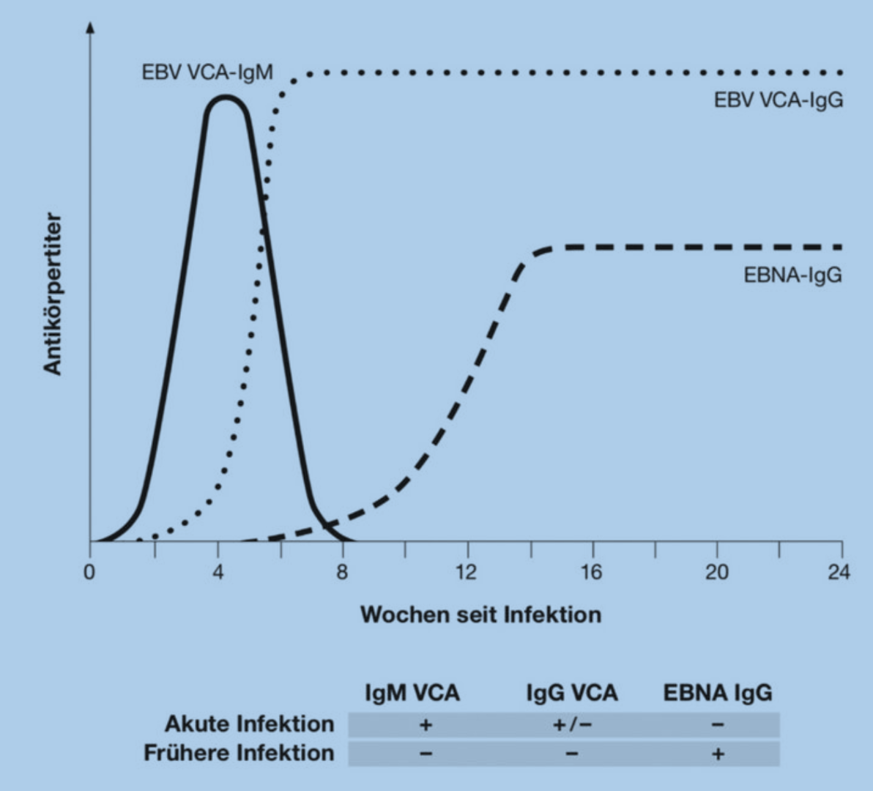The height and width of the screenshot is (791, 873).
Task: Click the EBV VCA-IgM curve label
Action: pyautogui.click(x=207, y=73)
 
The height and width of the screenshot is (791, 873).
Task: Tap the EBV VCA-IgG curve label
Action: pyautogui.click(x=779, y=100)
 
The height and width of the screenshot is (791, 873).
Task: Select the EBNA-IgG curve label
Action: pyautogui.click(x=793, y=275)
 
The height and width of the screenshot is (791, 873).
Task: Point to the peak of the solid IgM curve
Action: pyautogui.click(x=226, y=97)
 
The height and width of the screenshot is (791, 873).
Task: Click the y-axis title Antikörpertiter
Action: pyautogui.click(x=53, y=294)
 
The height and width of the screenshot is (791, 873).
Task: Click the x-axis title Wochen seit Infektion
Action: pyautogui.click(x=481, y=614)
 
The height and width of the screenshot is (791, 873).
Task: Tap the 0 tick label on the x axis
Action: pyautogui.click(x=89, y=572)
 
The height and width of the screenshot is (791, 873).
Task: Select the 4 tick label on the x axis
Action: pyautogui.click(x=218, y=572)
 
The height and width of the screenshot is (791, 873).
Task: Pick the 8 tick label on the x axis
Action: pyautogui.click(x=343, y=572)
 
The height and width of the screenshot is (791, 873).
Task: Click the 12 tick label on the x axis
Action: pyautogui.click(x=466, y=572)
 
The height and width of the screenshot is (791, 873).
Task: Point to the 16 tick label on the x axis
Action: pyautogui.click(x=592, y=572)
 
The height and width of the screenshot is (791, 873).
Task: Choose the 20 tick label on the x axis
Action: pyautogui.click(x=717, y=572)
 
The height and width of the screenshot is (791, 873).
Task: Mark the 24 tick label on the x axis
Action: pyautogui.click(x=839, y=572)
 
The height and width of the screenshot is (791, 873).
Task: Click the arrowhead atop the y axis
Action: pyautogui.click(x=90, y=26)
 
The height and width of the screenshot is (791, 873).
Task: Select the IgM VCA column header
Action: pyautogui.click(x=412, y=693)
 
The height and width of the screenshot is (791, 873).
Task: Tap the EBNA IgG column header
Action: pyautogui.click(x=718, y=693)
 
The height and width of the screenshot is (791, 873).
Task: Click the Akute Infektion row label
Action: pyautogui.click(x=250, y=724)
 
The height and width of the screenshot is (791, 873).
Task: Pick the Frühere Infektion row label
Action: pyautogui.click(x=239, y=753)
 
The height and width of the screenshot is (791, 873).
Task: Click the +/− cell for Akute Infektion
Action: pyautogui.click(x=572, y=725)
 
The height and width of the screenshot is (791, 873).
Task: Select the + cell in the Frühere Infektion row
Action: pyautogui.click(x=718, y=754)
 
